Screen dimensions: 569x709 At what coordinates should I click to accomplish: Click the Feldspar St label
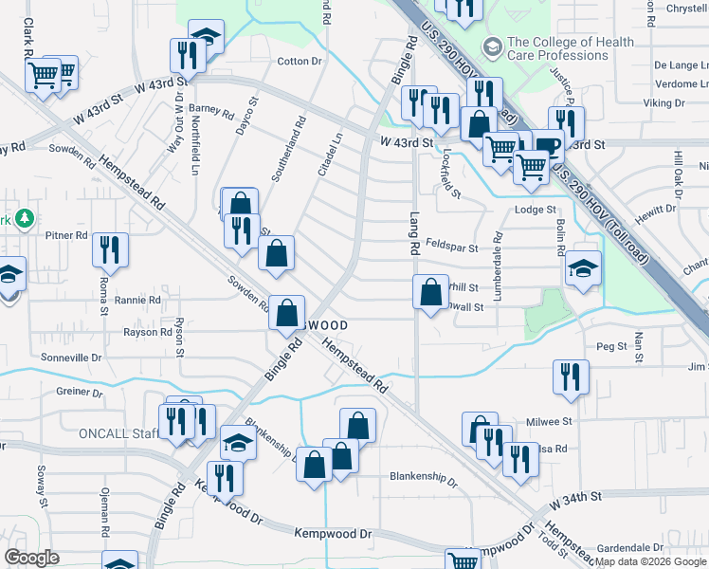coord(451,245)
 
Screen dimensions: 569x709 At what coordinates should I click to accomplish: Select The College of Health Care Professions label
coord(556,48)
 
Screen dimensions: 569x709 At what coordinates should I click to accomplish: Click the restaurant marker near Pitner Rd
coord(111,250)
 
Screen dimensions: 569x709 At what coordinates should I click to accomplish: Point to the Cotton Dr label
coord(300,62)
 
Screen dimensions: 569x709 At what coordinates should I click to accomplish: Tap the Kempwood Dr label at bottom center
coord(334,535)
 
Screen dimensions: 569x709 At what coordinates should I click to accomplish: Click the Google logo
coord(32,557)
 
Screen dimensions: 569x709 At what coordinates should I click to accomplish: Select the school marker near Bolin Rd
coord(583,268)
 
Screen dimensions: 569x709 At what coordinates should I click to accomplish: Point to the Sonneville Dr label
coord(71,358)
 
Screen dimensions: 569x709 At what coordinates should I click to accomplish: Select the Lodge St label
coord(535,210)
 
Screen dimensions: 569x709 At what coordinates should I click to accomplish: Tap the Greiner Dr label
coord(79,392)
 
